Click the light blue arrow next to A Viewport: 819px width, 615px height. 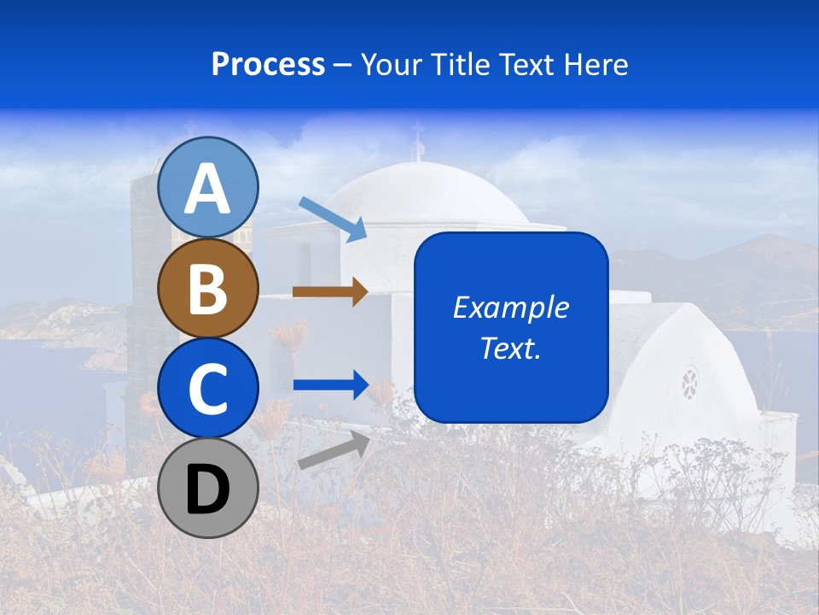coord(333,218)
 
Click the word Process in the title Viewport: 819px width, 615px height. coord(268,65)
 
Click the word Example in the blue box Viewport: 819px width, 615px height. coord(510,307)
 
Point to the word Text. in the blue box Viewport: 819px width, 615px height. coord(510,348)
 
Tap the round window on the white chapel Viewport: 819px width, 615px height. coord(689,383)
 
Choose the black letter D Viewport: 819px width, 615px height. coord(208,489)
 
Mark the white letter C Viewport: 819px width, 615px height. coord(208,389)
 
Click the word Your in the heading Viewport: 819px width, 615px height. coord(391,65)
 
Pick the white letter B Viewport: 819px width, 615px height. coord(208,289)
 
